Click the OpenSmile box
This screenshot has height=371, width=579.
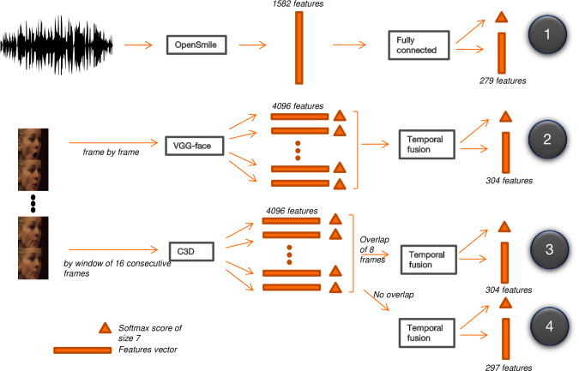click(x=196, y=45)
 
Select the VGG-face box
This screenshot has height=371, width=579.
click(x=194, y=146)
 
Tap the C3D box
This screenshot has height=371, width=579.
click(x=191, y=252)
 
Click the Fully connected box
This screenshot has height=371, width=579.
click(x=419, y=45)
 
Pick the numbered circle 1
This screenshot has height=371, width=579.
click(x=547, y=34)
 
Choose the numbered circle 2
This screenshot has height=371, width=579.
click(x=547, y=139)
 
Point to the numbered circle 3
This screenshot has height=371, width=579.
click(x=550, y=249)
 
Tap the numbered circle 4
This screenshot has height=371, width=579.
click(x=550, y=326)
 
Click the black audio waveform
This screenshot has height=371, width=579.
click(x=57, y=45)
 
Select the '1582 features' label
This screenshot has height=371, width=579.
click(x=298, y=4)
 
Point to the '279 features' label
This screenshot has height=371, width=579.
click(x=503, y=81)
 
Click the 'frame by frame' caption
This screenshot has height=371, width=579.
click(x=111, y=152)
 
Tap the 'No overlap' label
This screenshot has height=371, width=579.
click(x=394, y=295)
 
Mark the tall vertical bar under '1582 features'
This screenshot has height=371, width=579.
click(x=299, y=48)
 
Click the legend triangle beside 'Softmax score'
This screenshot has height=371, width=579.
click(x=106, y=328)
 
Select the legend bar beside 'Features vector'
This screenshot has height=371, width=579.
click(x=82, y=350)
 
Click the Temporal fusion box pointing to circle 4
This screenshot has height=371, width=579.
click(x=426, y=332)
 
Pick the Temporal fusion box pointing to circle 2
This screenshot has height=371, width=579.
click(x=426, y=144)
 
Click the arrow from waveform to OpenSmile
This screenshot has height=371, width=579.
click(x=138, y=45)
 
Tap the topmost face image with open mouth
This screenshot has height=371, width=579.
click(x=33, y=144)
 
